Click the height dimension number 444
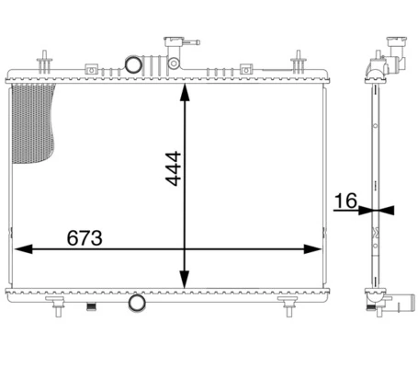(172, 169)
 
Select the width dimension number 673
(85, 237)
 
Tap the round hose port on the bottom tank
(136, 303)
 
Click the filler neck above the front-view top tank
(172, 44)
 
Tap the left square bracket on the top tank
(91, 68)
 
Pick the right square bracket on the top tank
(245, 68)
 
